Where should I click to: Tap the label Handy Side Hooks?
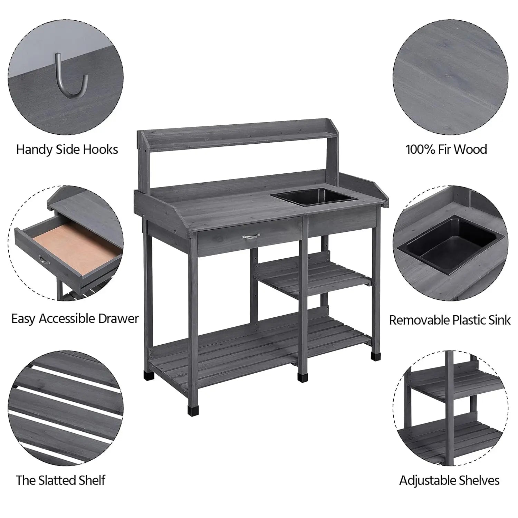pyautogui.click(x=67, y=150)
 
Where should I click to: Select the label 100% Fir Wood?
pyautogui.click(x=446, y=150)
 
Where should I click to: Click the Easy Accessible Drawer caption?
pyautogui.click(x=75, y=318)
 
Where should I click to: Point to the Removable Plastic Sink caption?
pyautogui.click(x=450, y=320)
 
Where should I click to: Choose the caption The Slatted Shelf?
pyautogui.click(x=61, y=480)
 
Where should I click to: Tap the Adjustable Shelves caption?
pyautogui.click(x=449, y=480)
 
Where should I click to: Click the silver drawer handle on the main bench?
pyautogui.click(x=250, y=237)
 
